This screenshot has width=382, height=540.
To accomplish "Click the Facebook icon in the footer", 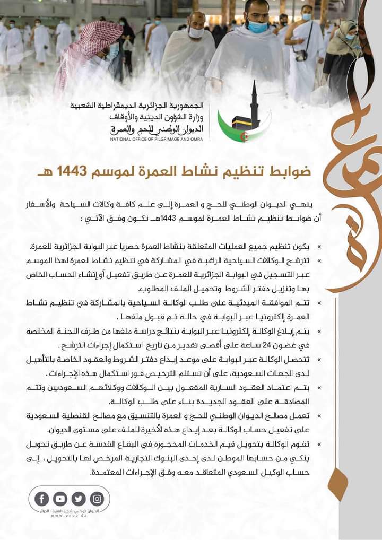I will click(42, 499).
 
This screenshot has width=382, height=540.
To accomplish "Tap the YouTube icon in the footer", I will click(60, 499).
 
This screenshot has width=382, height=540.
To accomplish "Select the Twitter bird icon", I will click(79, 499).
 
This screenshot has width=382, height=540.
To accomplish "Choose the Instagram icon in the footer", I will click(97, 499).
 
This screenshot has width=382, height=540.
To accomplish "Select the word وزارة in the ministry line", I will click(195, 117).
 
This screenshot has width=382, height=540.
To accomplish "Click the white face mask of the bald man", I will click(196, 32).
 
